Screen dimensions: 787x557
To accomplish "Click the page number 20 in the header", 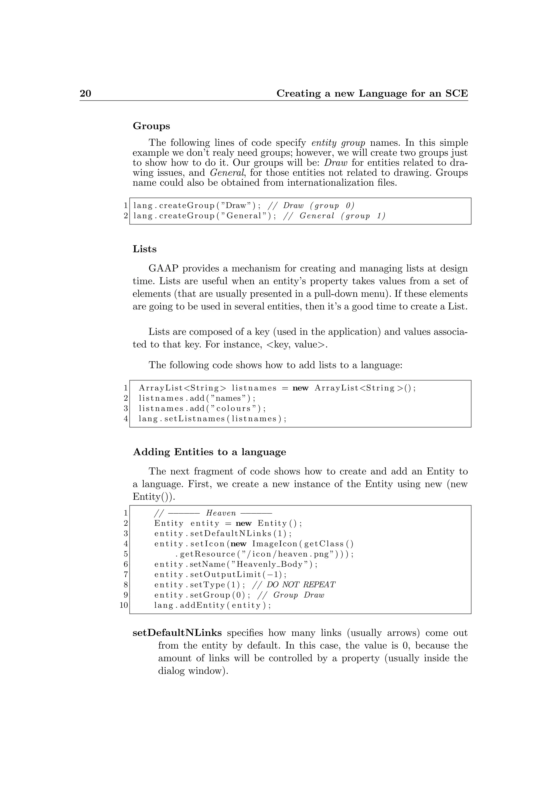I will click(85, 93).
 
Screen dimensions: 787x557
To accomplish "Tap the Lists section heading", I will click(144, 249).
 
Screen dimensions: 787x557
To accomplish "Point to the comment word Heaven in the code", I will click(221, 513).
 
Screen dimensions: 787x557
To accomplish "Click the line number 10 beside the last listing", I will click(123, 605).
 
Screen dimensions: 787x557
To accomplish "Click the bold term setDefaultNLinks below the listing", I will click(177, 633).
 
